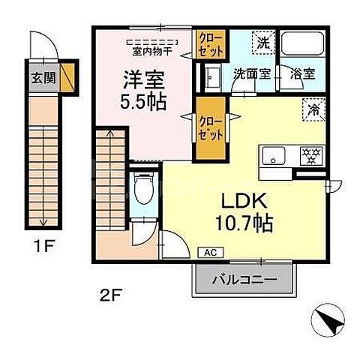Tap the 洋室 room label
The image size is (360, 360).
[x=141, y=78]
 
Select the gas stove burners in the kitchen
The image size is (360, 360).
[x=308, y=156]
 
